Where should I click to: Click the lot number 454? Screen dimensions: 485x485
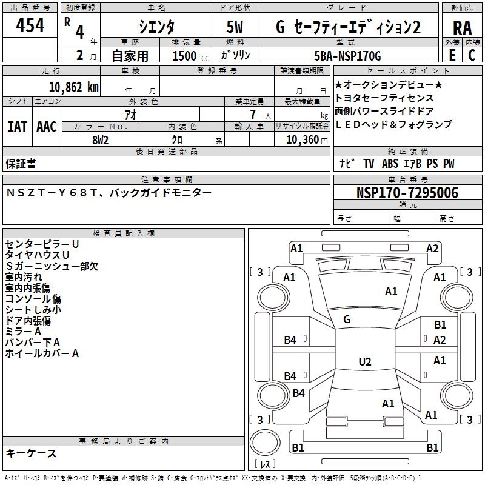tap(30, 26)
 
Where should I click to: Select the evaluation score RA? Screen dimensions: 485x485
tap(462, 28)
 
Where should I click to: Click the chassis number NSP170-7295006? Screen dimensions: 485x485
tap(407, 193)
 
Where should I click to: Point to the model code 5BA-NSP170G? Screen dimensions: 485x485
tap(349, 56)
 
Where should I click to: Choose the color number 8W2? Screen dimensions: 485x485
tap(100, 139)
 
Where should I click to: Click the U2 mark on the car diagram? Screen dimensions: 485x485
tap(364, 362)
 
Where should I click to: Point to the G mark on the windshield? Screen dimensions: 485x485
tap(347, 319)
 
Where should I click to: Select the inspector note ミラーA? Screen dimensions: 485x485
tap(23, 332)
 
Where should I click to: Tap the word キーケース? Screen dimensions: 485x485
tap(31, 453)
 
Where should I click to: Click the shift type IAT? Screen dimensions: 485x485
tap(18, 127)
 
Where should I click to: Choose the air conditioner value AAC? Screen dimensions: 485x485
tap(47, 127)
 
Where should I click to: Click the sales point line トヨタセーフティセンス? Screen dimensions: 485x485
tap(384, 98)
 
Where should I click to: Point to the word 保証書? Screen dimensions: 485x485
tap(21, 164)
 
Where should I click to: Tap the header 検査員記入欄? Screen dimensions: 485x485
tap(124, 233)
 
